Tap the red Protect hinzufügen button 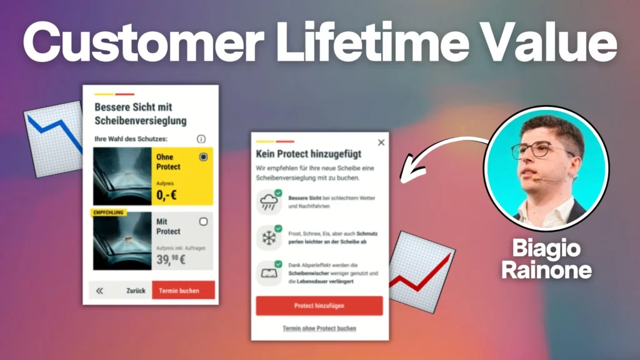click(x=319, y=306)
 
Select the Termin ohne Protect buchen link click(x=319, y=328)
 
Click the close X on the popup click(x=381, y=142)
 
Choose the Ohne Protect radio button click(x=203, y=157)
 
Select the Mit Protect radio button click(x=203, y=221)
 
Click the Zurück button click(x=136, y=291)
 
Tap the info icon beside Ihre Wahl click(x=201, y=139)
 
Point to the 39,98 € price click(x=171, y=259)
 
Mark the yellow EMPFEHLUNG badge click(x=109, y=212)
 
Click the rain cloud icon click(x=269, y=202)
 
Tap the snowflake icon click(x=269, y=237)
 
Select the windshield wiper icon click(x=269, y=273)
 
